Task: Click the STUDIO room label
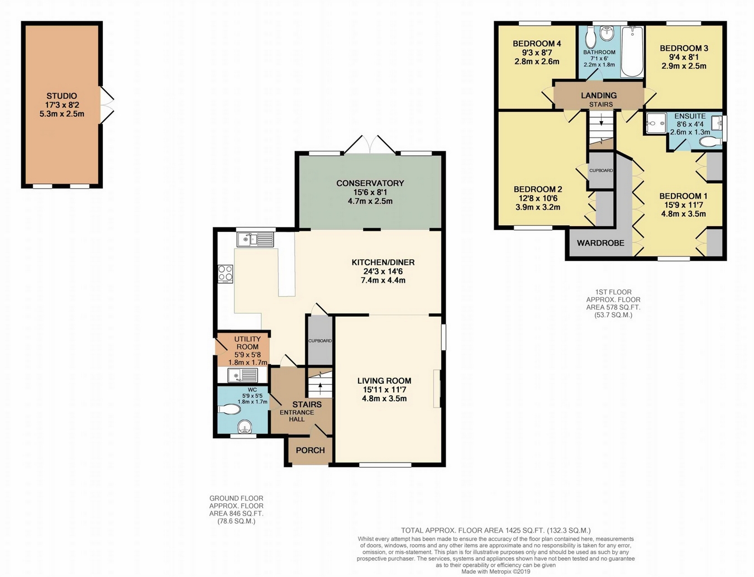tap(62, 96)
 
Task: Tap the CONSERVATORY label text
tap(370, 183)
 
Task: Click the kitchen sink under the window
tap(255, 240)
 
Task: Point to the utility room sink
tap(242, 375)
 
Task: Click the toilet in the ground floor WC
tap(230, 409)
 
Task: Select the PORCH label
tap(310, 450)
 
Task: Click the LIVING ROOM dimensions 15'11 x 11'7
tap(384, 390)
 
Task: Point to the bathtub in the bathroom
tap(633, 52)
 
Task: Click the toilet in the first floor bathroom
tap(591, 38)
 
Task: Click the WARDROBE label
tap(600, 243)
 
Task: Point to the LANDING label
tap(599, 96)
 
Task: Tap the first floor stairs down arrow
tap(601, 122)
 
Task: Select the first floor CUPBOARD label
tap(601, 170)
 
